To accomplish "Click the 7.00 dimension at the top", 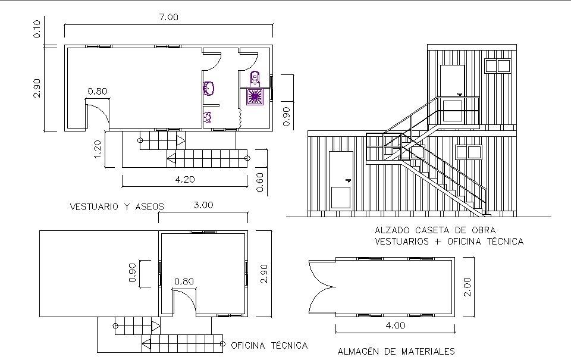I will tap(168, 17).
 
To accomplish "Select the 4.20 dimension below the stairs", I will tap(184, 179).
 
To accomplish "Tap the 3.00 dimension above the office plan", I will tap(203, 205).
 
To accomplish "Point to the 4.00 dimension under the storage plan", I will tap(395, 325).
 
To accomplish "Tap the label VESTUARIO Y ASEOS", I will tap(117, 207).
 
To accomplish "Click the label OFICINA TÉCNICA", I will tap(269, 345).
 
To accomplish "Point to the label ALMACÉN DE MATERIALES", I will tap(396, 351).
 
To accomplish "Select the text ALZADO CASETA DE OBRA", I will tap(435, 230).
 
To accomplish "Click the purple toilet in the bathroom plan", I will tap(255, 77).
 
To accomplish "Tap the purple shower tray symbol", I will tap(255, 96).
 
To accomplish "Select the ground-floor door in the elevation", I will tap(341, 180).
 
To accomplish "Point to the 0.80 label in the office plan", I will tap(184, 281).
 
